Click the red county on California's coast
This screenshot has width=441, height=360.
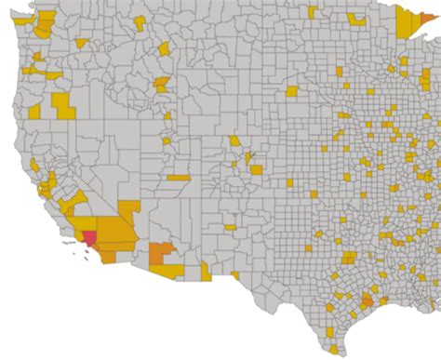coord(88,237)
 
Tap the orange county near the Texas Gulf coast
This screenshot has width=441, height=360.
coord(367,301)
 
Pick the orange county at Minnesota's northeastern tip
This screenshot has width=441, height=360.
coord(427,16)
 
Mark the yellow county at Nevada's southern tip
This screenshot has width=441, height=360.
coord(129,209)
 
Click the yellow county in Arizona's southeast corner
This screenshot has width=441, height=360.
coord(206,271)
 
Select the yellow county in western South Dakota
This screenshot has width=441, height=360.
coord(291,91)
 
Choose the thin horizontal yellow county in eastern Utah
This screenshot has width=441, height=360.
coord(179,177)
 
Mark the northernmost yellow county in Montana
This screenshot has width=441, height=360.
coord(165,48)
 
